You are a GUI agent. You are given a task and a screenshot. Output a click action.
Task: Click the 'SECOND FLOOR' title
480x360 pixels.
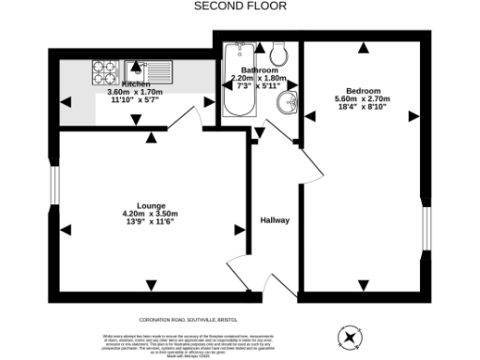tap(240, 6)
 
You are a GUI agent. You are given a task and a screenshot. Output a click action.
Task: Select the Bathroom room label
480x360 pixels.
tap(258, 70)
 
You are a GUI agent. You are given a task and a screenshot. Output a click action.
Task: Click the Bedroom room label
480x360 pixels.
tap(373, 91)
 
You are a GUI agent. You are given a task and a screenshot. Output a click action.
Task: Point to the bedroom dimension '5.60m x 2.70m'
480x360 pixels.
tap(373, 99)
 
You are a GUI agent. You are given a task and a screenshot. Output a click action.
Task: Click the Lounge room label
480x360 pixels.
tap(150, 205)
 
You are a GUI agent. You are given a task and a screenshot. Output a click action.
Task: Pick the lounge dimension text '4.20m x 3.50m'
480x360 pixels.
tap(150, 214)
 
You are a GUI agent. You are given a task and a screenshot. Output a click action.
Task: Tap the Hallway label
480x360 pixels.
tap(275, 220)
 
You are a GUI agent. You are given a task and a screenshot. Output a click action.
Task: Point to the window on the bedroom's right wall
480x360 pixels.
tap(426, 230)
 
